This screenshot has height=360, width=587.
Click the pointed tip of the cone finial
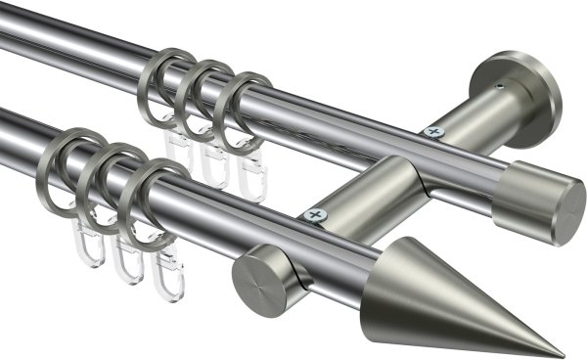(x=561, y=354)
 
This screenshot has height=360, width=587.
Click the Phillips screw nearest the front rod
(x=314, y=214)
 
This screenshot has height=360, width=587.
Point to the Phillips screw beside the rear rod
(x=431, y=131)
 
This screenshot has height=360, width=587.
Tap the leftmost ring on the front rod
(x=67, y=161)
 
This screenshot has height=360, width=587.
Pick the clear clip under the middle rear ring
(x=212, y=161)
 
